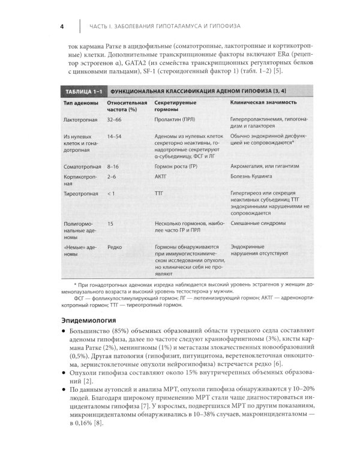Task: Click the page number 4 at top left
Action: [x=62, y=26]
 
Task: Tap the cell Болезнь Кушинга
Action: [x=254, y=178]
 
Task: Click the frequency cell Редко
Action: [x=115, y=246]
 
